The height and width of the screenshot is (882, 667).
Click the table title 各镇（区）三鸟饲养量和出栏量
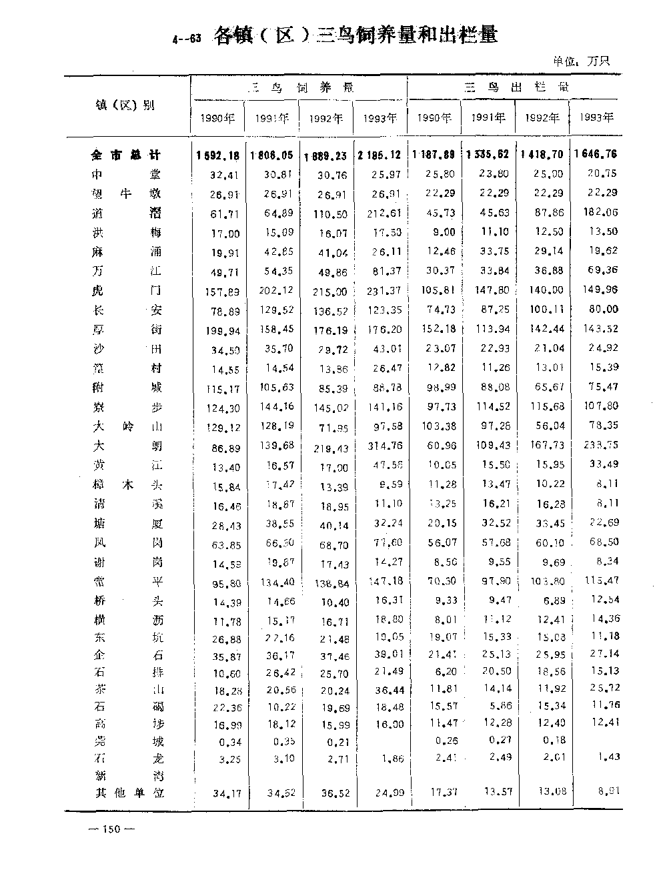[x=355, y=35]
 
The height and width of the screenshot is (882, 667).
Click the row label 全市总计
[x=126, y=155]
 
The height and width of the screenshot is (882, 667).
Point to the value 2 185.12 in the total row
[x=379, y=155]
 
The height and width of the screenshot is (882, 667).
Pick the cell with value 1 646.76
[x=595, y=154]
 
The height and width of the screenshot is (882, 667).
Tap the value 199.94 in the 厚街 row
[x=221, y=330]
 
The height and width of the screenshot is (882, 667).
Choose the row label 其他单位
[x=127, y=793]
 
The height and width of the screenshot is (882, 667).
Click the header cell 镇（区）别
[x=125, y=105]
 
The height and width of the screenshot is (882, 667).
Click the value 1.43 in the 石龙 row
[x=608, y=757]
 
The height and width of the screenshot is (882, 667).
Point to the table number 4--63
[x=186, y=39]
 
